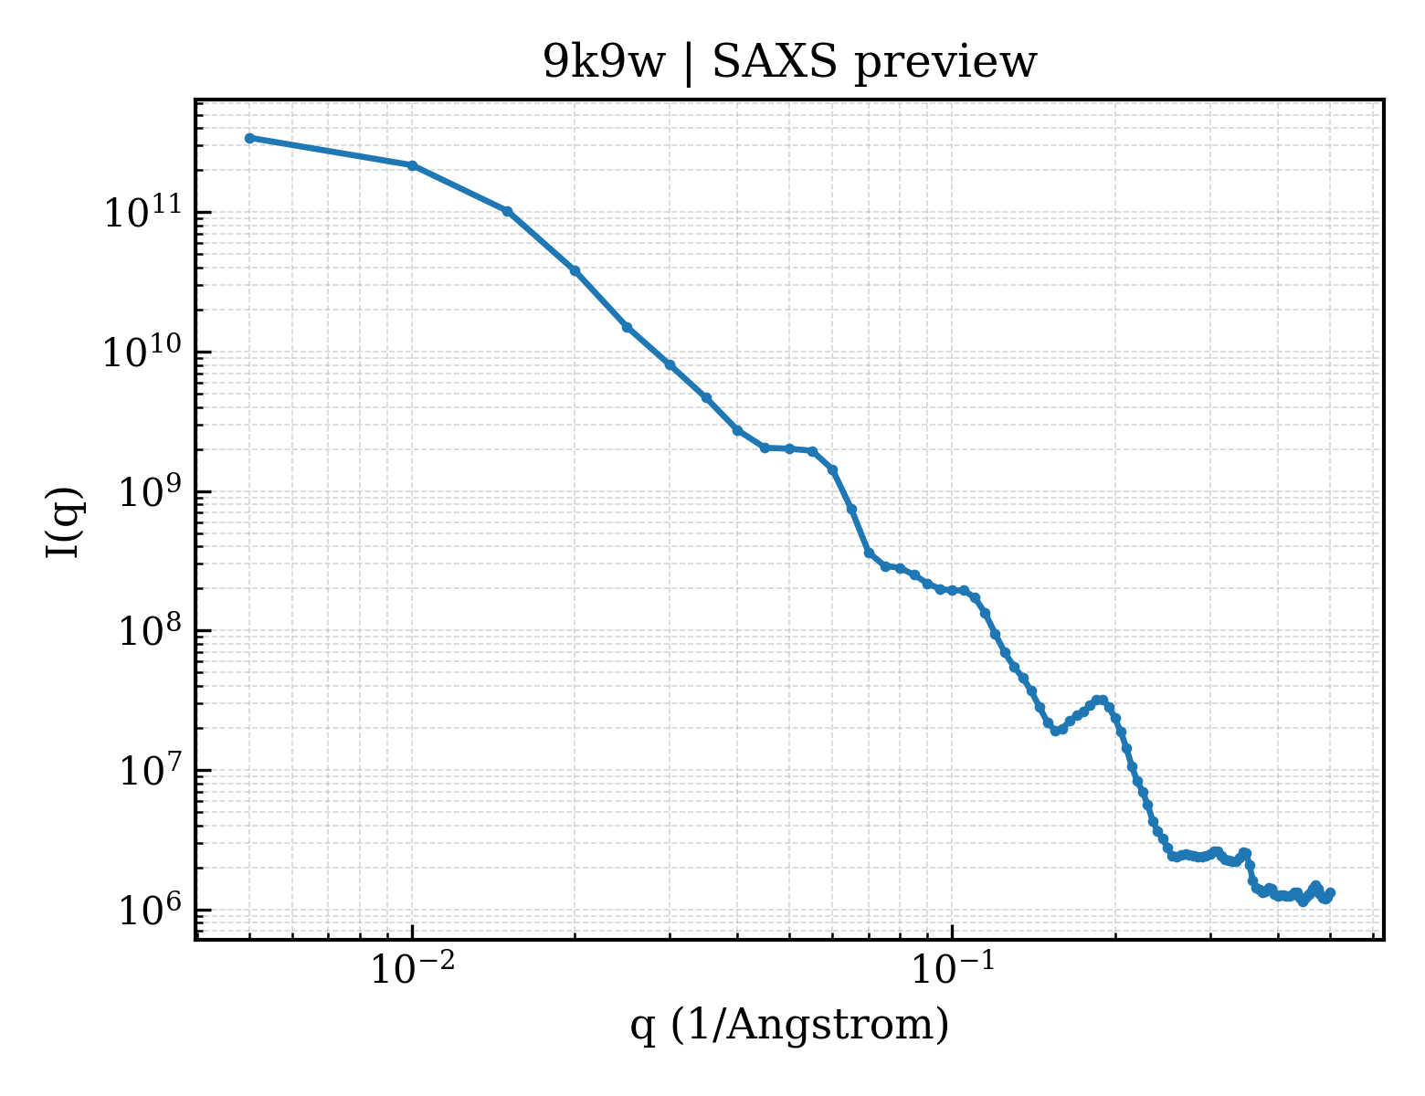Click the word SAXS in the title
pyautogui.click(x=775, y=62)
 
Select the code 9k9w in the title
pyautogui.click(x=603, y=62)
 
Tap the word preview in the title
pyautogui.click(x=945, y=64)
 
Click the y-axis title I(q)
pyautogui.click(x=64, y=522)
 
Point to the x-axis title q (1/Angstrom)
pyautogui.click(x=789, y=1025)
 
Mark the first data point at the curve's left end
pyautogui.click(x=250, y=138)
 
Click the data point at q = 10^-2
pyautogui.click(x=413, y=166)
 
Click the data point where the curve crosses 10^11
pyautogui.click(x=507, y=211)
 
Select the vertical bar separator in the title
pyautogui.click(x=689, y=64)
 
